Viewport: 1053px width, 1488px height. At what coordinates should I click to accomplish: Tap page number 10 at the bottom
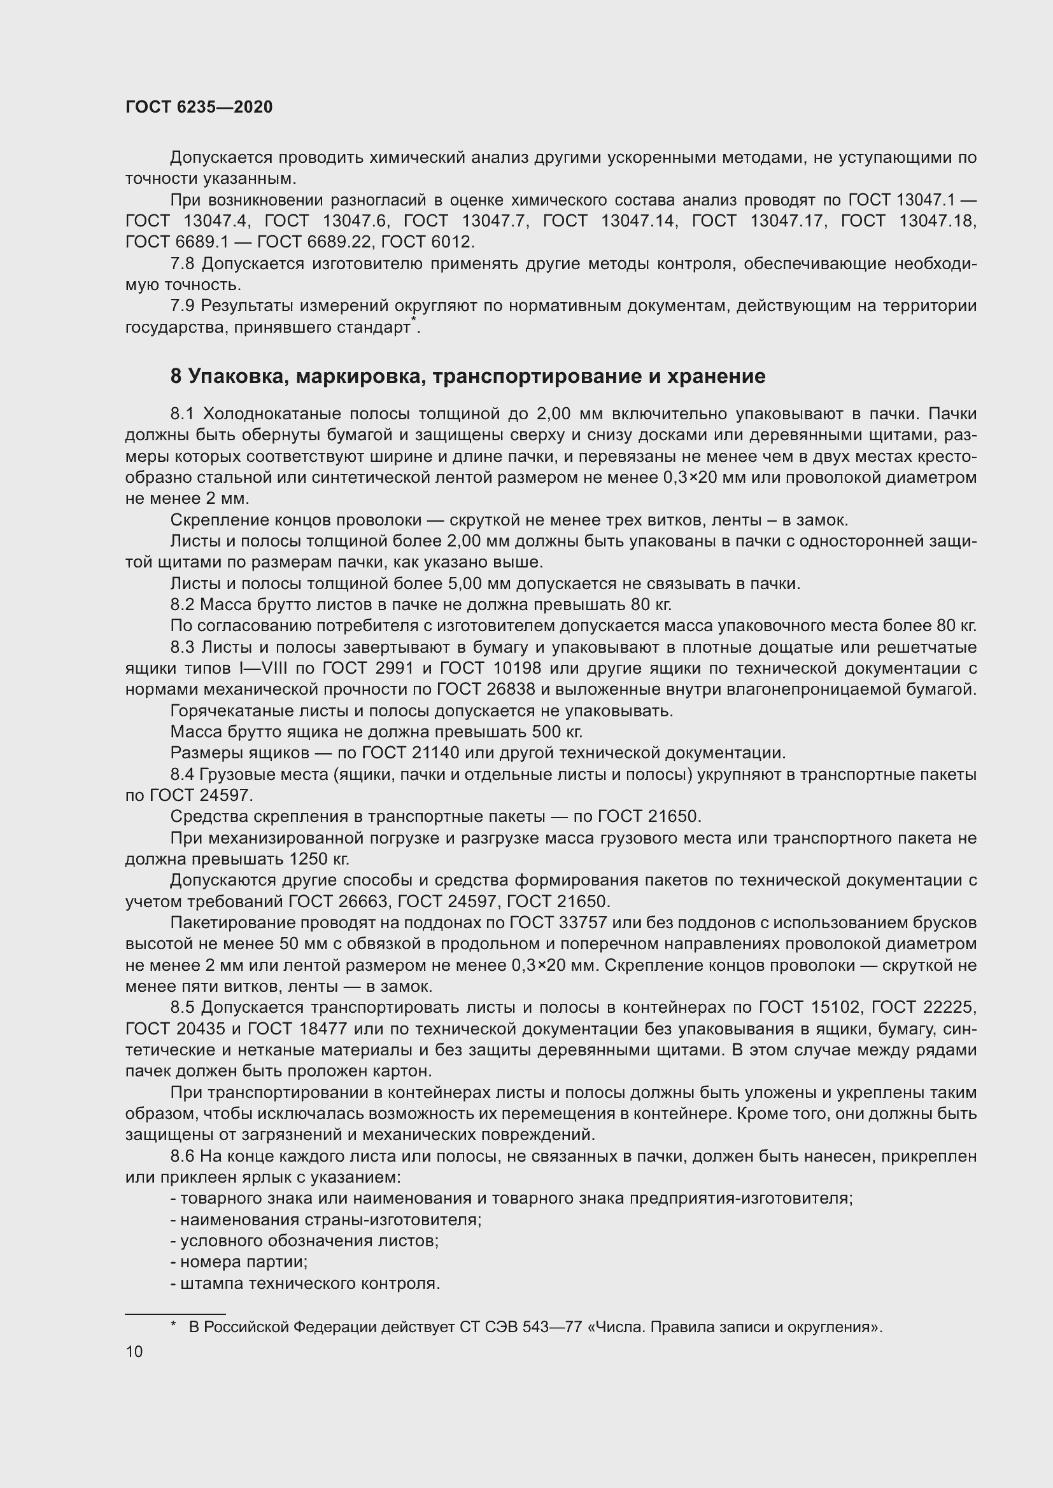[x=134, y=1351]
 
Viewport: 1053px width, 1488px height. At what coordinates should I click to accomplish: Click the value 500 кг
[x=556, y=732]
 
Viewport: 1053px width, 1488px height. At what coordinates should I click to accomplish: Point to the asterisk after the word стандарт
[x=414, y=321]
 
